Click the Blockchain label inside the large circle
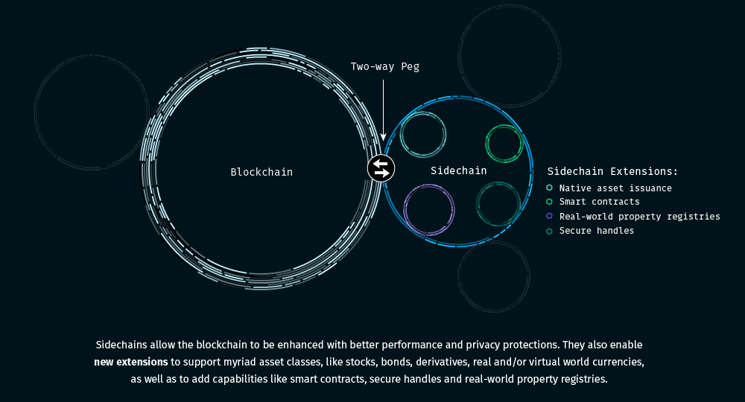coord(261,172)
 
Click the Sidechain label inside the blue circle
coord(459,170)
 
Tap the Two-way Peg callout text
coord(385,66)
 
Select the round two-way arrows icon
coord(381,168)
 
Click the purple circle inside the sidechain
coord(429,210)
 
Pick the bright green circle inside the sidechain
coord(504,143)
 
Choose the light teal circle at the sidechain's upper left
coord(423,135)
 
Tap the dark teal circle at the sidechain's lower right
coord(498,203)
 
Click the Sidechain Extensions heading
coord(612,171)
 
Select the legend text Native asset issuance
coord(615,188)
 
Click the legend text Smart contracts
coord(599,202)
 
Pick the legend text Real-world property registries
coord(639,217)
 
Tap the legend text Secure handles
coord(597,231)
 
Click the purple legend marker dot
coord(550,216)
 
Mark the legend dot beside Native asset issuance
coord(550,188)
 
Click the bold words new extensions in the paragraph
coord(131,363)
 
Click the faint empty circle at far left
coord(92,112)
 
